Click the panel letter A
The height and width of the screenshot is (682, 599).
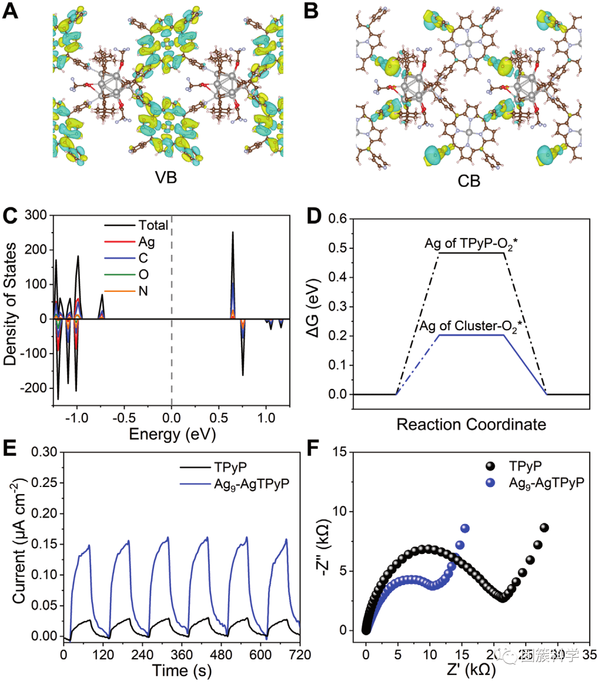tap(11, 11)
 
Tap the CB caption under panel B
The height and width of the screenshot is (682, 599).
tap(469, 181)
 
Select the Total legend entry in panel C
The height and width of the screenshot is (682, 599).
tap(153, 225)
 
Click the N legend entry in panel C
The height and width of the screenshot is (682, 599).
tap(143, 291)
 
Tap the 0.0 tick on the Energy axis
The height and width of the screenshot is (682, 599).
tap(171, 417)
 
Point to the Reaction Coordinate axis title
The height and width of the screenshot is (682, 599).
tap(471, 425)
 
